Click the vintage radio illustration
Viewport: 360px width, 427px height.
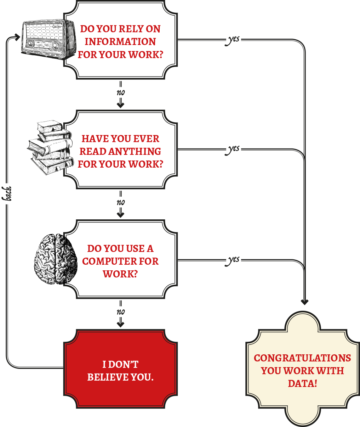pyautogui.click(x=48, y=39)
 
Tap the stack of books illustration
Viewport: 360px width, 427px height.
pyautogui.click(x=50, y=147)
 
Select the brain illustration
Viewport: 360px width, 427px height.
pyautogui.click(x=56, y=259)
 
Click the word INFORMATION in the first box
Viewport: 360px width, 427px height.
pyautogui.click(x=120, y=42)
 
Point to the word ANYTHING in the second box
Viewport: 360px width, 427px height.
pyautogui.click(x=135, y=152)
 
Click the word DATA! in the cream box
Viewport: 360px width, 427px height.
pyautogui.click(x=302, y=383)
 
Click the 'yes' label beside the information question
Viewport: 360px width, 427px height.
pyautogui.click(x=232, y=40)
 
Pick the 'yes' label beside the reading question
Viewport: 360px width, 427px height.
pyautogui.click(x=232, y=149)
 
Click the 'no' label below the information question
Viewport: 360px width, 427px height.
pyautogui.click(x=121, y=92)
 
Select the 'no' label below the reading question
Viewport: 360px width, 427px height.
pyautogui.click(x=121, y=202)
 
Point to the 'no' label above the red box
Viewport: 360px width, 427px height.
pyautogui.click(x=121, y=312)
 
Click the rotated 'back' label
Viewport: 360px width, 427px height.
pyautogui.click(x=7, y=193)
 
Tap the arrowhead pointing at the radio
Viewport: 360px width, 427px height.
pyautogui.click(x=17, y=37)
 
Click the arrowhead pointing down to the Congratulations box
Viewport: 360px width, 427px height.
pyautogui.click(x=305, y=302)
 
